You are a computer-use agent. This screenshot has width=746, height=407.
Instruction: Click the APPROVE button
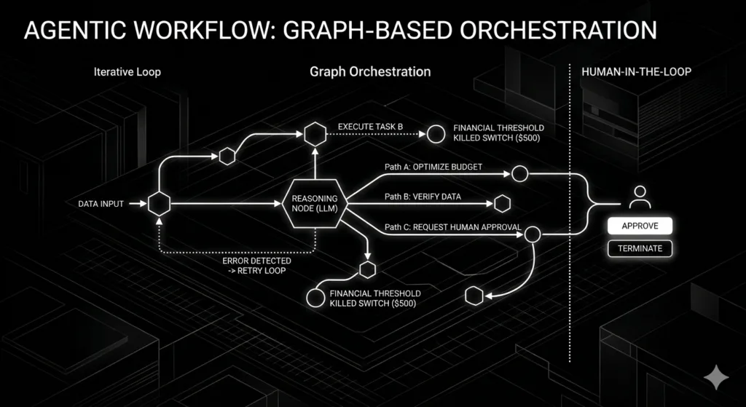click(640, 226)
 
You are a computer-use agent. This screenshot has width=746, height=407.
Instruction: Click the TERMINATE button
click(640, 248)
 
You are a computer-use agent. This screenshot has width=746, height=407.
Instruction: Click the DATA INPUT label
click(101, 204)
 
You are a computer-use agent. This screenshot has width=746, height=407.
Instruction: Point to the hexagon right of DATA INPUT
click(159, 204)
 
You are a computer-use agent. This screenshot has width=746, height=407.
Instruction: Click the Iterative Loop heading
click(127, 72)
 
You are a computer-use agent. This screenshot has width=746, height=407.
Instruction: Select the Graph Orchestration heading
click(370, 71)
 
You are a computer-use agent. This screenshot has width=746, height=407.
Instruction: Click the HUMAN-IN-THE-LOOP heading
click(636, 72)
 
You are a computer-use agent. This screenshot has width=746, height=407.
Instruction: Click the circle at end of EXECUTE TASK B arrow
click(436, 134)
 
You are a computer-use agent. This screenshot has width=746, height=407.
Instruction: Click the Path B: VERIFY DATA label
click(433, 197)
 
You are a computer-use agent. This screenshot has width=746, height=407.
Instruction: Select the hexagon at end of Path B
click(501, 204)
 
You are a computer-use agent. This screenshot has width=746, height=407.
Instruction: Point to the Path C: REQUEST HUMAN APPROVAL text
click(452, 227)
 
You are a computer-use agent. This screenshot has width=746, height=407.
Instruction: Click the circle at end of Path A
click(519, 174)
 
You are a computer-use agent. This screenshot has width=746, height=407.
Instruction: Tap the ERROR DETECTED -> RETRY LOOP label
click(257, 266)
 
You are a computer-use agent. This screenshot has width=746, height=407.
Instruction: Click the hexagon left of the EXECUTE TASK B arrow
click(315, 134)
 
